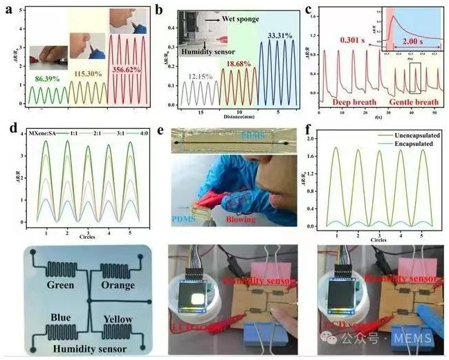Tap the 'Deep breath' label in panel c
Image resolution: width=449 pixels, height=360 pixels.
(x=344, y=102)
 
